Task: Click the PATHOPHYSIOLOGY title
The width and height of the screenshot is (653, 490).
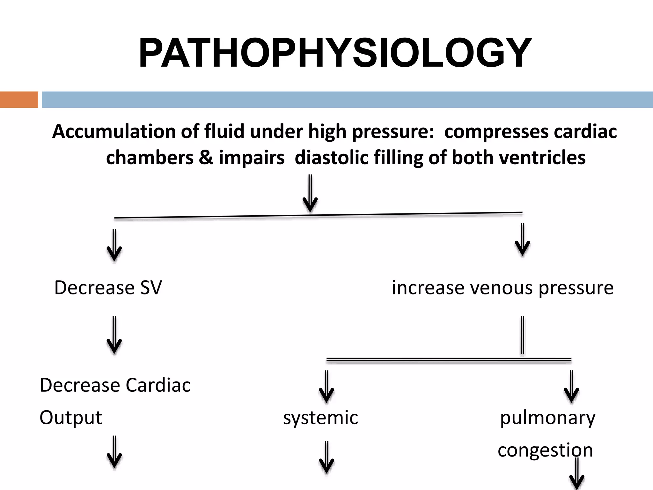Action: point(335,53)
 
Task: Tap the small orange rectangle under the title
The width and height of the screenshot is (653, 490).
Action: point(19,100)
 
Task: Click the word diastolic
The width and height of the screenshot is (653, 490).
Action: point(332,158)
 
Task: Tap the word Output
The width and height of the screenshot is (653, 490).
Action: point(71,417)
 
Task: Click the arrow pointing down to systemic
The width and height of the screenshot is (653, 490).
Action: point(326,387)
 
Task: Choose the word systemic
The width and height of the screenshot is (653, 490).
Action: point(320,417)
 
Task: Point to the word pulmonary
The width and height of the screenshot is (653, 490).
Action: point(547,417)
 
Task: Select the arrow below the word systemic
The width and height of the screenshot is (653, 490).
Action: point(326,457)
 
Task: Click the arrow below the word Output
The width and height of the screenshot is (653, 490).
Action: point(114,452)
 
